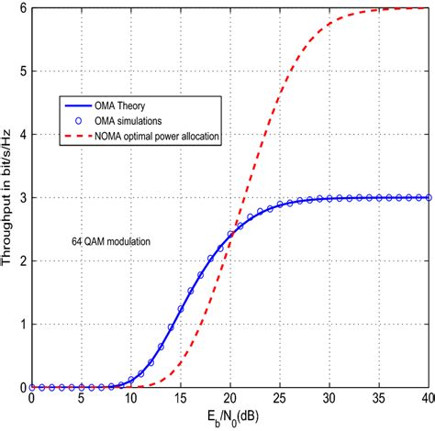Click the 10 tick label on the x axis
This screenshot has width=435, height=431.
pos(130,400)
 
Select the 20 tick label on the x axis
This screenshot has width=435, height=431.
pos(229,400)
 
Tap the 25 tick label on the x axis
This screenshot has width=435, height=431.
pos(279,400)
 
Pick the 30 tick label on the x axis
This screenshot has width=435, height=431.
pos(329,400)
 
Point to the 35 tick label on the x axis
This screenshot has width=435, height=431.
pos(378,400)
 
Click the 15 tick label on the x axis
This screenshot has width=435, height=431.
pos(180,400)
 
